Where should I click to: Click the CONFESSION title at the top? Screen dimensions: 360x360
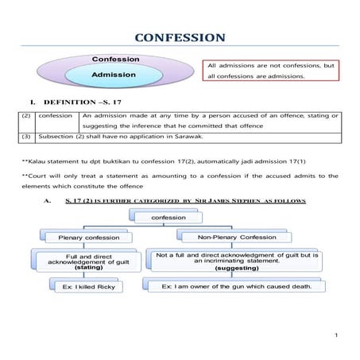[180, 37]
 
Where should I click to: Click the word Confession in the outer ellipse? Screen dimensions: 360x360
[117, 60]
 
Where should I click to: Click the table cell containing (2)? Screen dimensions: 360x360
[27, 116]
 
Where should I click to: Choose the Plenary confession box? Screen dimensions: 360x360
[87, 237]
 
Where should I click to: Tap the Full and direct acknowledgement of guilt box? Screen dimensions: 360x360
[87, 260]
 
